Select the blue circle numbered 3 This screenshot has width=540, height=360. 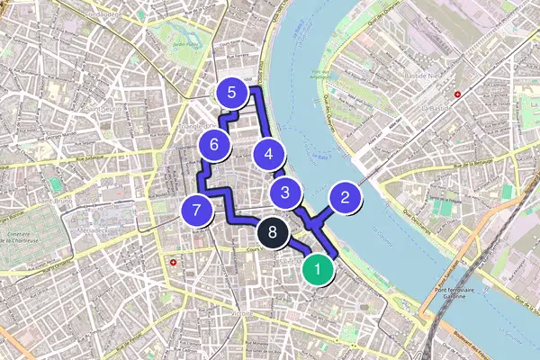pos(285,192)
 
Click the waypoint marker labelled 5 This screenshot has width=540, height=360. pos(232,93)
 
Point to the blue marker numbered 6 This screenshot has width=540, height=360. pos(214,144)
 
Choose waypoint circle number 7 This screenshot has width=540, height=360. pos(196,211)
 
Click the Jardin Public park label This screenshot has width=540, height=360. pos(187,43)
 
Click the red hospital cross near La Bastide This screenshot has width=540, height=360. pos(458,94)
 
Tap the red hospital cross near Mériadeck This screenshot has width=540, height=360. pos(172,263)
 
